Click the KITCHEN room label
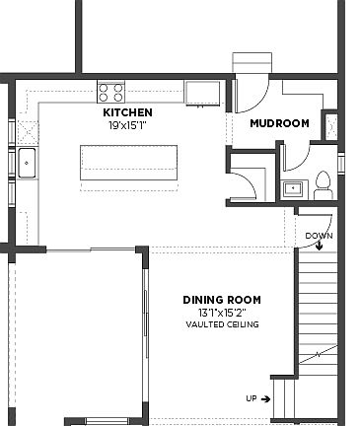tap(127, 113)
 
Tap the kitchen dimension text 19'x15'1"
tap(127, 125)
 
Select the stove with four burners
tap(111, 92)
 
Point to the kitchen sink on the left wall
tap(27, 163)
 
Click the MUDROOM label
tap(279, 123)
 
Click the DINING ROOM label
tap(222, 300)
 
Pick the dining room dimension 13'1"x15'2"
tap(222, 313)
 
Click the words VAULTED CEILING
tap(222, 323)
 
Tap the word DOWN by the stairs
tap(318, 236)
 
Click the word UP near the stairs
tap(252, 398)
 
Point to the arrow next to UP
tap(266, 398)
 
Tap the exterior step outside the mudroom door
tap(245, 61)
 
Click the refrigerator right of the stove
tap(204, 92)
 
